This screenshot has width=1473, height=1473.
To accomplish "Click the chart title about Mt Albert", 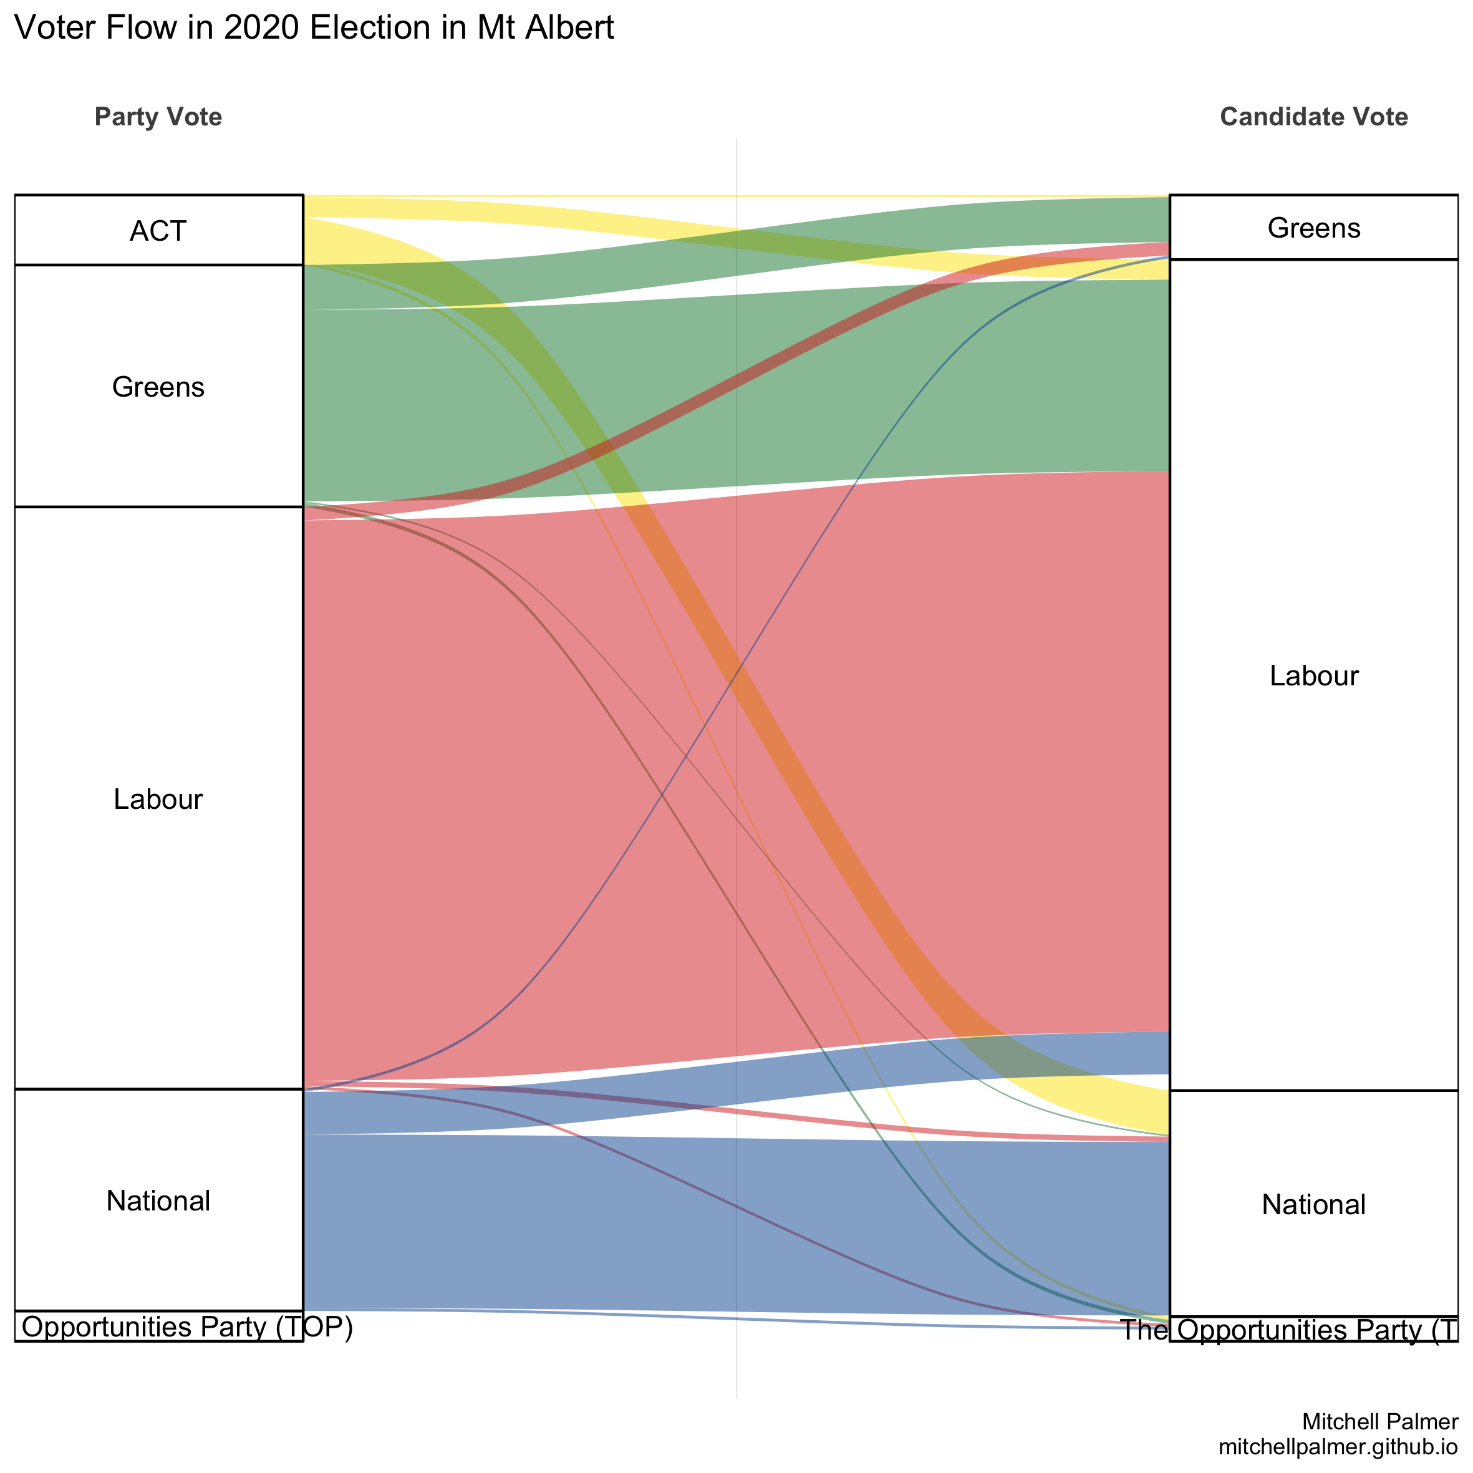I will click(314, 28).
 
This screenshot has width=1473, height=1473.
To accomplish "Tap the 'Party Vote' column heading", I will click(158, 117).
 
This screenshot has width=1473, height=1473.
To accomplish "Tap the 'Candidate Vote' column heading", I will click(1313, 117).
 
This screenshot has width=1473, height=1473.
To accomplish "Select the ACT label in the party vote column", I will click(158, 231).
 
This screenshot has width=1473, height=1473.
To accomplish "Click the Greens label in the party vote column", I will click(158, 387).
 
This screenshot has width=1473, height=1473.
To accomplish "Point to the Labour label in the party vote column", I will click(158, 799).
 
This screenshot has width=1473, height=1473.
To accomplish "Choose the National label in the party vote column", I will click(158, 1201).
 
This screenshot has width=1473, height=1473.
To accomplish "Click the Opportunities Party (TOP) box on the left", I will click(158, 1327).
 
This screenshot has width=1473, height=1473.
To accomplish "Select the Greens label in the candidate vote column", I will click(1313, 228).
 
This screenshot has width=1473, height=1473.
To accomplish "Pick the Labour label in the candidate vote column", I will click(1313, 676).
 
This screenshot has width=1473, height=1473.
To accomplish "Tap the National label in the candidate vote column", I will click(1313, 1205).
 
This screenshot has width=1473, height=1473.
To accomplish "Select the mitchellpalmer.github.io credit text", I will click(1338, 1447).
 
